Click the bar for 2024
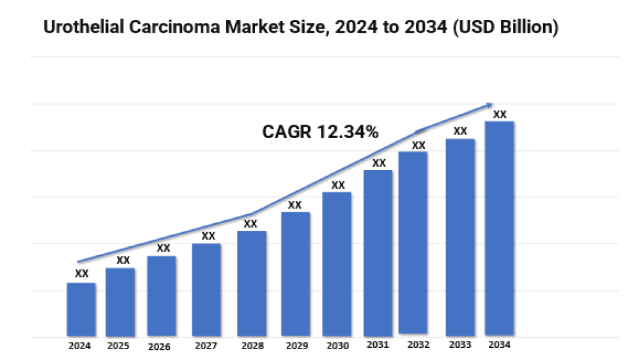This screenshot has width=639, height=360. [x=81, y=309]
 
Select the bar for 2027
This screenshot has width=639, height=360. [x=206, y=290]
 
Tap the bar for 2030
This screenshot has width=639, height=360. [x=337, y=263]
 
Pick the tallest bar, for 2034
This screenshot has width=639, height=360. [x=500, y=228]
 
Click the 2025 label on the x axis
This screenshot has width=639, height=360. [x=118, y=346]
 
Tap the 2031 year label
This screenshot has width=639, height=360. [x=377, y=345]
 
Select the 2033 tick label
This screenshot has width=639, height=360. [x=459, y=346]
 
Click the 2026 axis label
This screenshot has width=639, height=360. [x=159, y=347]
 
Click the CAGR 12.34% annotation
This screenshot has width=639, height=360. [x=320, y=132]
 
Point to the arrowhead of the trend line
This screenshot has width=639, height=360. [x=489, y=105]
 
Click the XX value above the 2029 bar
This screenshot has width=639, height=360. [x=295, y=205]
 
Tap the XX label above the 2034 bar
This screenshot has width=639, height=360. [x=500, y=114]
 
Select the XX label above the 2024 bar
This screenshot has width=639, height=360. [x=82, y=273]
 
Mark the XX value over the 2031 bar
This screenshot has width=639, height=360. [x=379, y=163]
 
